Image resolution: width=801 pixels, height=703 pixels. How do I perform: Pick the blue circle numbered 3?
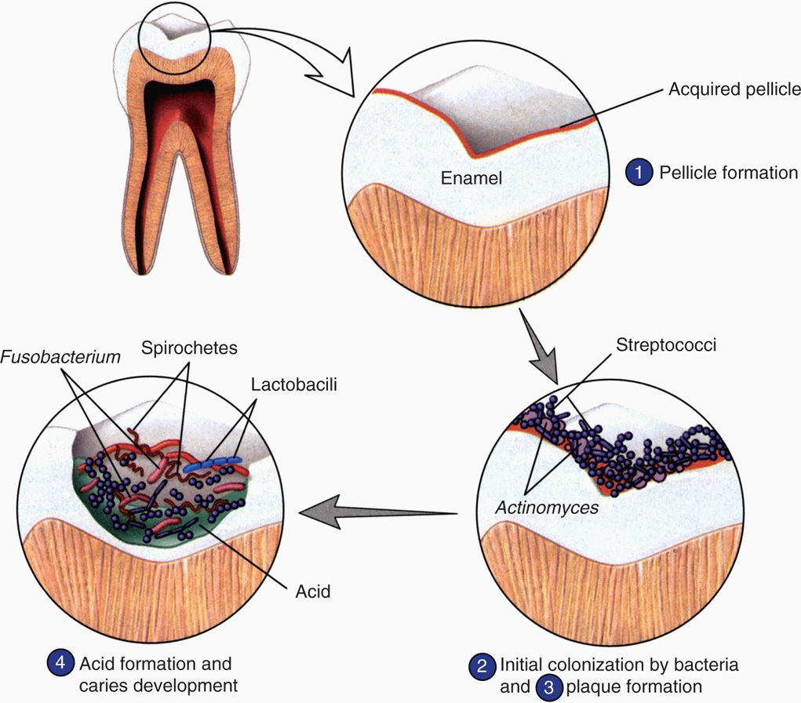[x=550, y=687]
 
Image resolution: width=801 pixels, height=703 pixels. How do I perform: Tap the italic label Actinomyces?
[x=546, y=508]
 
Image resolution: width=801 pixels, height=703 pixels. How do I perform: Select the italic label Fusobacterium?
[x=61, y=357]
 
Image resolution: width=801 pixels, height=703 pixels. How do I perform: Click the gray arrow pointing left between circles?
[x=379, y=512]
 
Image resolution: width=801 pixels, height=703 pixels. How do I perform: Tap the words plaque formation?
[x=639, y=687]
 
